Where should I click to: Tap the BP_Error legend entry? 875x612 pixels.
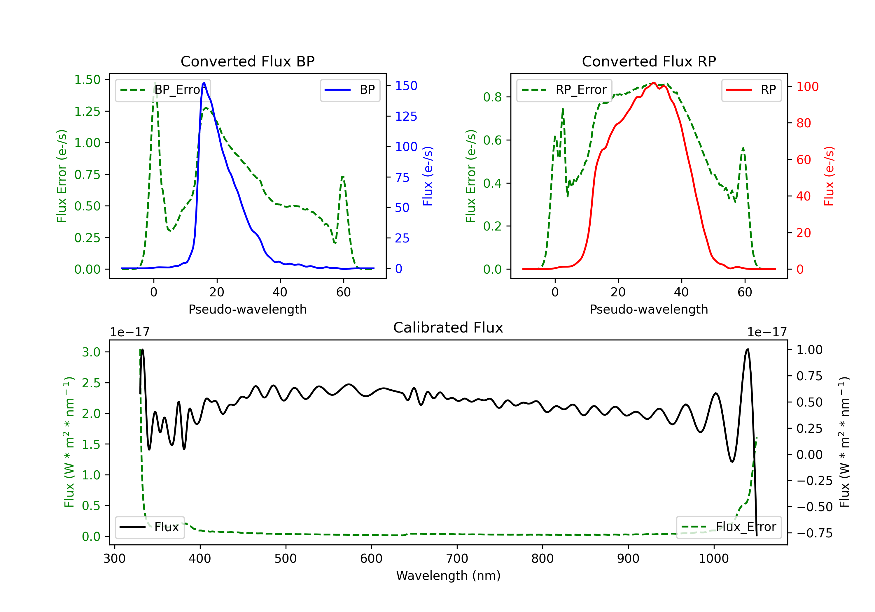click(x=163, y=90)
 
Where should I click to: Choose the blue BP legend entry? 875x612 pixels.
click(x=350, y=90)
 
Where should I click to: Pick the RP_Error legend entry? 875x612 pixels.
click(x=564, y=90)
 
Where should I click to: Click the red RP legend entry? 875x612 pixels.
click(x=751, y=90)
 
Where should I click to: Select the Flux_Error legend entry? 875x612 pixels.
click(x=729, y=527)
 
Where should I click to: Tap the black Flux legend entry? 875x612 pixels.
click(x=149, y=527)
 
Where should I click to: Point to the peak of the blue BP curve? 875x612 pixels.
click(x=204, y=83)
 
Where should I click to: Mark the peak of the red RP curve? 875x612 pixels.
click(x=654, y=83)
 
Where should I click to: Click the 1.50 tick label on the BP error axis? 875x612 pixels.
click(x=87, y=80)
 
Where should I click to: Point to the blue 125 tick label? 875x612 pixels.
click(x=406, y=117)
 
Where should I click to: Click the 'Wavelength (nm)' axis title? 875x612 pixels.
click(x=448, y=576)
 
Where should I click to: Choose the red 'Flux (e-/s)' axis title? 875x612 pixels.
click(x=829, y=176)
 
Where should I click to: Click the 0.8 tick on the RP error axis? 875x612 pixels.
click(x=492, y=97)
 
